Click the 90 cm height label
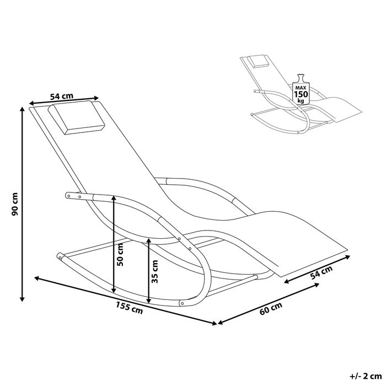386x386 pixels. (x=15, y=204)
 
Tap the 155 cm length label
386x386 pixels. (x=130, y=308)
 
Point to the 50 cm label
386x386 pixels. (x=120, y=255)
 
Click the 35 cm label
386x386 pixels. (x=155, y=271)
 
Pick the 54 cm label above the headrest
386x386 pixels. (x=62, y=96)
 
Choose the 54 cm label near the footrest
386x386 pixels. (x=321, y=272)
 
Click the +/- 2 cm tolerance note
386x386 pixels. (x=366, y=376)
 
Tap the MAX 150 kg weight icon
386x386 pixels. (x=301, y=89)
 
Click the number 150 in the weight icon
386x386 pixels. (x=301, y=94)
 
